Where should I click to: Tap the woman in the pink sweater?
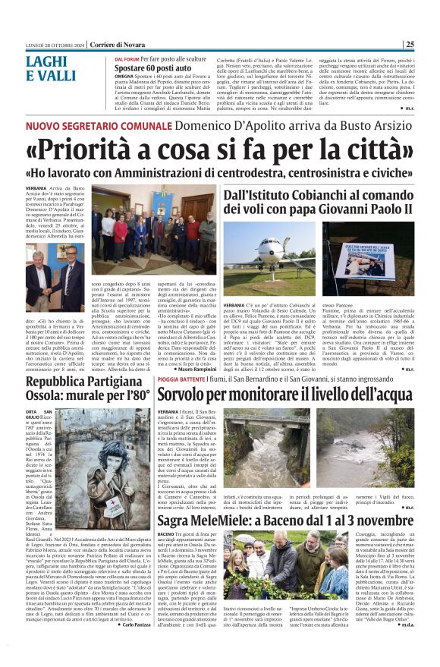[121, 228]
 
